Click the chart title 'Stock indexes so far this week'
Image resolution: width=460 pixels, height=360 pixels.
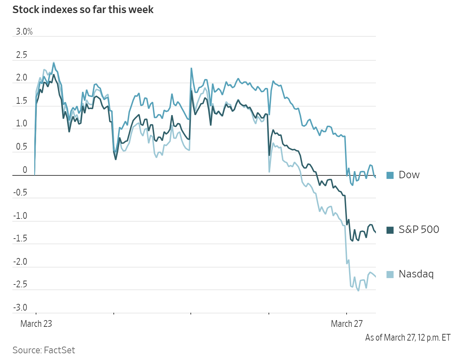pos(83,10)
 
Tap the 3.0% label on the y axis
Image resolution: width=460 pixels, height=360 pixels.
pos(24,32)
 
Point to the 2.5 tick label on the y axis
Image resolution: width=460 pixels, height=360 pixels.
pos(22,55)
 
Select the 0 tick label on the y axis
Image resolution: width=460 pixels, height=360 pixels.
pos(25,170)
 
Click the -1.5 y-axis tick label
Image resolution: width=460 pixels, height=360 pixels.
pos(20,239)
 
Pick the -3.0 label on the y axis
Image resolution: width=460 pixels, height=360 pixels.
pos(20,307)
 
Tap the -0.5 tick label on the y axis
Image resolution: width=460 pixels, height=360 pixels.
pos(20,193)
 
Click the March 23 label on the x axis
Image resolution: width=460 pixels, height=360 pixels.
pos(36,324)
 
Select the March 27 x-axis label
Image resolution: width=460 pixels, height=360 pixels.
pos(347,324)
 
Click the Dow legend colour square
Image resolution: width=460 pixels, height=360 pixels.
pos(390,175)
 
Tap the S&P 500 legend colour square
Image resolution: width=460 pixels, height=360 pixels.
pos(390,230)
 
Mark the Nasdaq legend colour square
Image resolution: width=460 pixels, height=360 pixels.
pos(390,274)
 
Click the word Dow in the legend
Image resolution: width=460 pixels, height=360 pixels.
pos(409,175)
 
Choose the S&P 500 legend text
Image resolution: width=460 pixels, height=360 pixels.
pos(419,229)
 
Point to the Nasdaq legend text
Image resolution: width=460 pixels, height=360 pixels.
pos(416,274)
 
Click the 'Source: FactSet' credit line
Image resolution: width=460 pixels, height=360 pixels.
pos(44,350)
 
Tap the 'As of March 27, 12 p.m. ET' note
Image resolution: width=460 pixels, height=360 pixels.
pos(408,338)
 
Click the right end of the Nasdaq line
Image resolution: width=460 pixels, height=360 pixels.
pos(376,277)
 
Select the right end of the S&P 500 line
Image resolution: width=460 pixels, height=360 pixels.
pos(376,232)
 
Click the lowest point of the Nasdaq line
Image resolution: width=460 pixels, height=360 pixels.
pos(358,290)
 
